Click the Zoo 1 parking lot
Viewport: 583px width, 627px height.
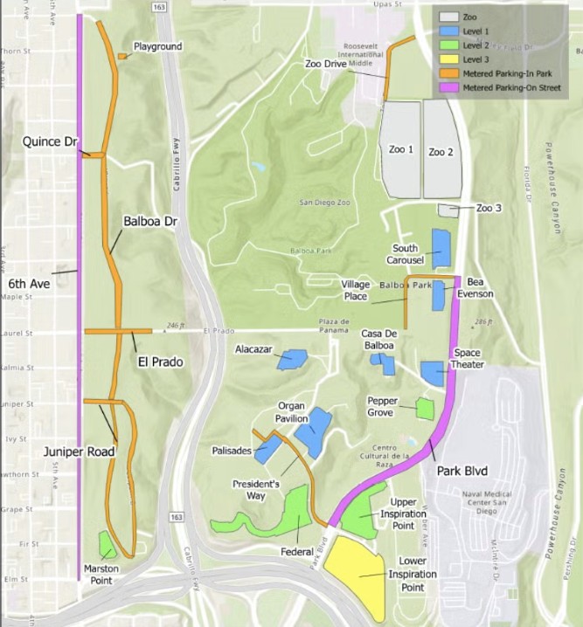(x=399, y=148)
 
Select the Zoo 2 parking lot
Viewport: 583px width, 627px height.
(x=442, y=150)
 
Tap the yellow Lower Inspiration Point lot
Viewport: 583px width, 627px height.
(x=357, y=572)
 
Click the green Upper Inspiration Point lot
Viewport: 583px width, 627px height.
(x=357, y=520)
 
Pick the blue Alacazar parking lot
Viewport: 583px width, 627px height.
(x=292, y=360)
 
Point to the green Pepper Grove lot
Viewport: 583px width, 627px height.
(x=425, y=408)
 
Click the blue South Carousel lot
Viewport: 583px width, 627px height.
(x=441, y=248)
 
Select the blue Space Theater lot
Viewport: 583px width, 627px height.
(x=433, y=373)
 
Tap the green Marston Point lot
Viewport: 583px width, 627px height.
(x=107, y=545)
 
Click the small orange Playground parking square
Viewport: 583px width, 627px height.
(x=121, y=57)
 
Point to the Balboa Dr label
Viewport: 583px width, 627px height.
(x=150, y=223)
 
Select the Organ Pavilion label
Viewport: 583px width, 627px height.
(x=291, y=411)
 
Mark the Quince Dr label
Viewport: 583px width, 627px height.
(x=49, y=141)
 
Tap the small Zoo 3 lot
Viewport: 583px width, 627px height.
(x=448, y=210)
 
